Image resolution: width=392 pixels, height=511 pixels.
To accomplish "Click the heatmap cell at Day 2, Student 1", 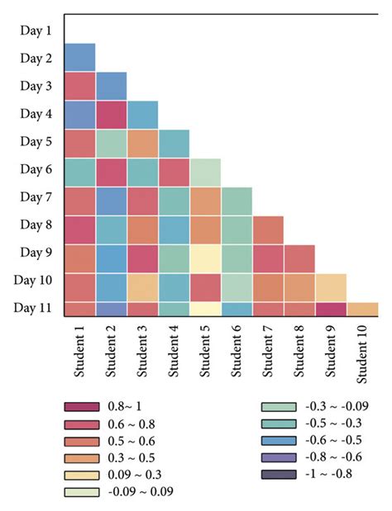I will point(79,58).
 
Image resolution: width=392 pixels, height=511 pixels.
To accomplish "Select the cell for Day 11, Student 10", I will point(362,310).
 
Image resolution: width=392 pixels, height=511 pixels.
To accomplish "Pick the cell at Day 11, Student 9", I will point(331,310).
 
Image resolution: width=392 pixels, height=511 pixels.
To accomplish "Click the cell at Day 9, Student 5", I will point(205,258).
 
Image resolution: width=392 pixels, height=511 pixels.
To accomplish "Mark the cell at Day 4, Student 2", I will point(111,115).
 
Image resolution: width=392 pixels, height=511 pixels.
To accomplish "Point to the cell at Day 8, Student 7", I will point(268,229).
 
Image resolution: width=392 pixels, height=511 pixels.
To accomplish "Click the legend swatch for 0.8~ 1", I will point(82,407).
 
